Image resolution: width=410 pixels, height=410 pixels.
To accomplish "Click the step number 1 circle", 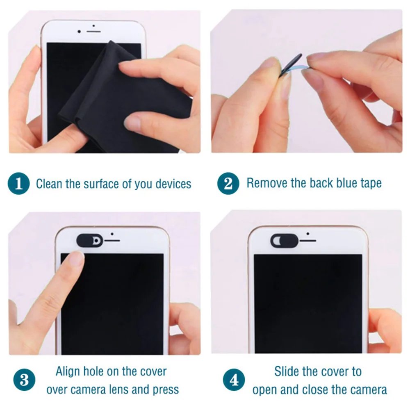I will [x=19, y=184].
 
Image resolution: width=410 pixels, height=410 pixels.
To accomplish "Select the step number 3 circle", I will [x=24, y=380].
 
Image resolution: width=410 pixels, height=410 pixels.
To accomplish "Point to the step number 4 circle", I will [x=234, y=380].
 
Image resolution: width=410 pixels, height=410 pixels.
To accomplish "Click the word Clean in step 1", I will [x=49, y=184].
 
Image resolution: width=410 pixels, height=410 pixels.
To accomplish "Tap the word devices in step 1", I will [x=173, y=184].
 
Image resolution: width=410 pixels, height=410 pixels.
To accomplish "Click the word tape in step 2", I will [x=369, y=183].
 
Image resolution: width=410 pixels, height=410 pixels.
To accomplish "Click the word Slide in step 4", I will [x=287, y=372].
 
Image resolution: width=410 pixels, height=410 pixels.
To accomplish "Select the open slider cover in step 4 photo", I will [x=284, y=240].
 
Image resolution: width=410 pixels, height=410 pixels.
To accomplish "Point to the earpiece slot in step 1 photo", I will [x=93, y=31].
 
